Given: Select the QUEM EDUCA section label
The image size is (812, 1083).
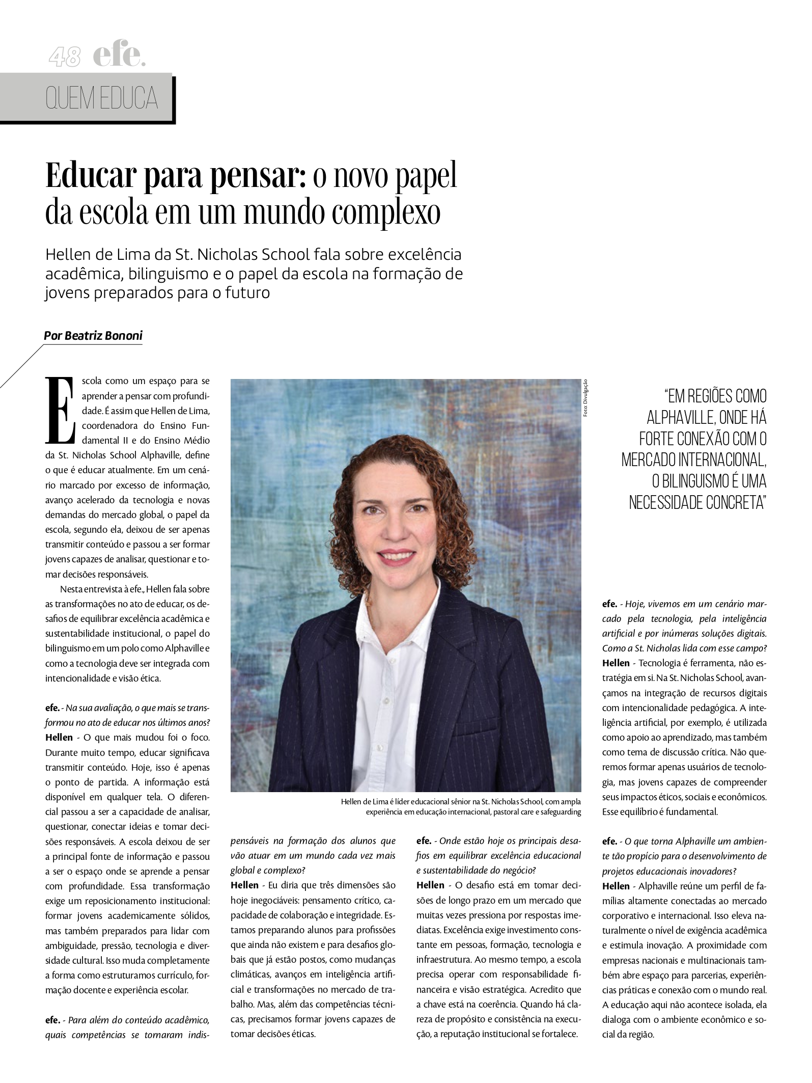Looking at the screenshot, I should (101, 99).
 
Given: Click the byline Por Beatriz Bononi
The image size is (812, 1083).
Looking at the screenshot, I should (93, 336).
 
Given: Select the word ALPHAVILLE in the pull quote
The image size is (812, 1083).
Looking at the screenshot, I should (681, 418).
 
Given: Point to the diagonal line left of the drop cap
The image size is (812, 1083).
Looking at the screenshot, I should (21, 366).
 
